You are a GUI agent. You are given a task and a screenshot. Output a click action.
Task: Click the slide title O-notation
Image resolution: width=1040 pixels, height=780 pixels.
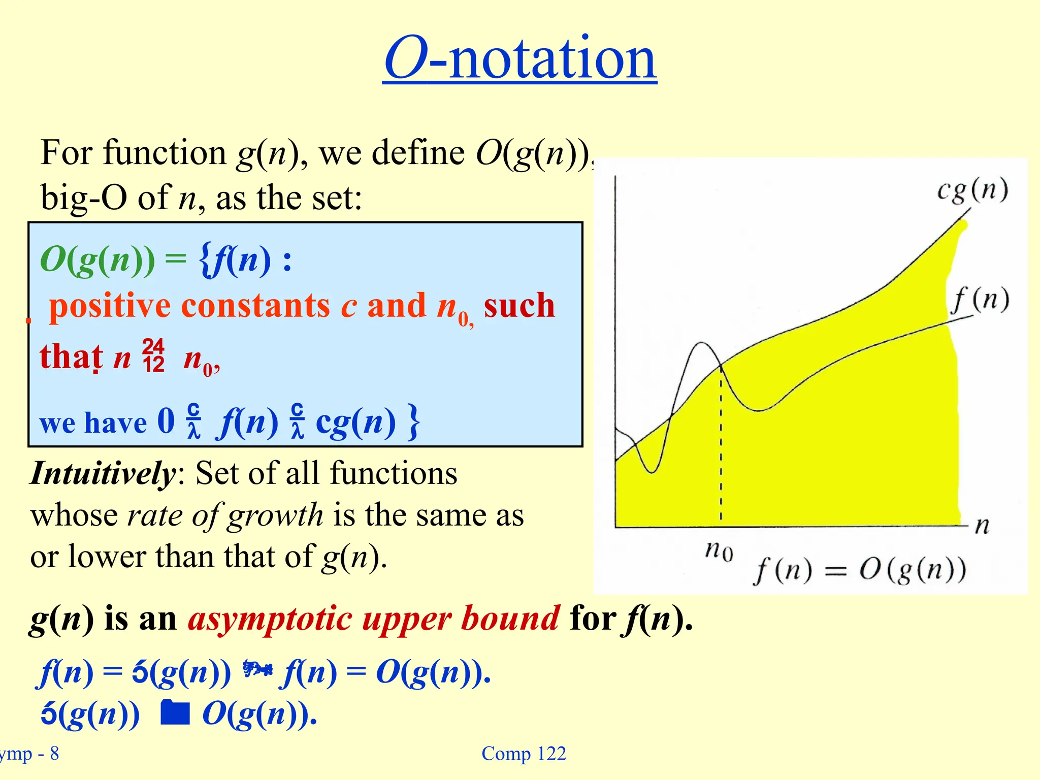pyautogui.click(x=519, y=58)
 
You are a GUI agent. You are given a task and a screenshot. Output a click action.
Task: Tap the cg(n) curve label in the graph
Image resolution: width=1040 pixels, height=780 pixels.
pyautogui.click(x=972, y=190)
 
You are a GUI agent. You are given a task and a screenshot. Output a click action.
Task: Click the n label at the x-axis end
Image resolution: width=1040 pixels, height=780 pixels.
pyautogui.click(x=982, y=526)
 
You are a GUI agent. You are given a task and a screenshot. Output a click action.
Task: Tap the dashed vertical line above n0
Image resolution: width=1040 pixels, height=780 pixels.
pyautogui.click(x=721, y=447)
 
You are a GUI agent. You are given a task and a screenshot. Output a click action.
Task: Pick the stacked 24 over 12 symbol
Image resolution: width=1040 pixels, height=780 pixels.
pyautogui.click(x=153, y=356)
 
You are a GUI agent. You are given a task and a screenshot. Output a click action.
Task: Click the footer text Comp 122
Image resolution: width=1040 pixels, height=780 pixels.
pyautogui.click(x=524, y=754)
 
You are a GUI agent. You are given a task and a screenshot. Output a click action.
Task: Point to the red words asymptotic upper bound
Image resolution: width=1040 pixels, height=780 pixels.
pyautogui.click(x=374, y=619)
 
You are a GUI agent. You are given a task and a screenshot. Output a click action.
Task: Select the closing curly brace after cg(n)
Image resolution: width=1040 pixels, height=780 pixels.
pyautogui.click(x=414, y=421)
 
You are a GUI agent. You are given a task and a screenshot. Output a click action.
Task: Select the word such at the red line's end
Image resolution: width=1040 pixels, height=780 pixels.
pyautogui.click(x=519, y=306)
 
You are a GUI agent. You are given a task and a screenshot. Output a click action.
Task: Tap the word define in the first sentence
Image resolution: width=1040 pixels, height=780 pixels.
pyautogui.click(x=418, y=152)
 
